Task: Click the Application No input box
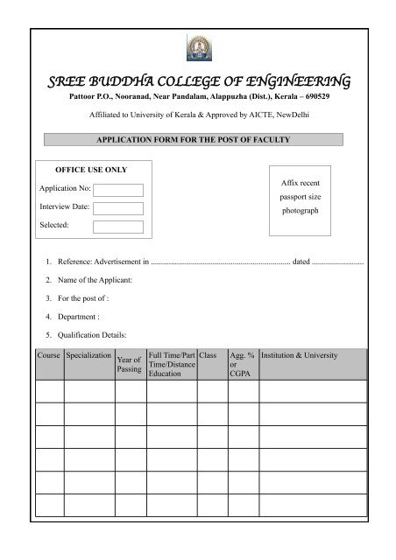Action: click(x=118, y=189)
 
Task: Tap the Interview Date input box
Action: click(x=118, y=206)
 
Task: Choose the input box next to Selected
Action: click(x=118, y=225)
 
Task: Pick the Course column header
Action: click(x=49, y=356)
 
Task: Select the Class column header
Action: click(x=208, y=356)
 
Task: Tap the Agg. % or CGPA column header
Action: click(x=241, y=364)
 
